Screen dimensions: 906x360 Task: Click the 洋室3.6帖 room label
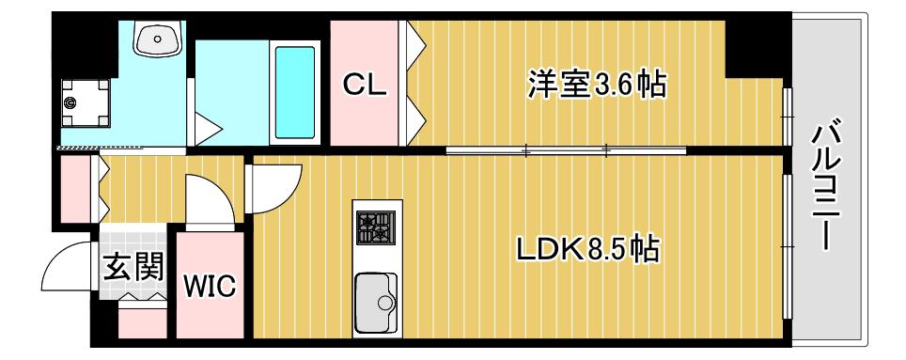coord(596,85)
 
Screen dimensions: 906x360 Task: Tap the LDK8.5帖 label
coord(587,250)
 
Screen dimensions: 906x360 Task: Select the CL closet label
coord(364,86)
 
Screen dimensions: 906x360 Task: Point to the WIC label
coord(210,286)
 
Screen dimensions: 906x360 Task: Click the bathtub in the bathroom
coord(295,92)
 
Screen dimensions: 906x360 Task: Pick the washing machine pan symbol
coord(86,102)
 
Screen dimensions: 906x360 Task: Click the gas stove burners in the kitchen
coord(376,227)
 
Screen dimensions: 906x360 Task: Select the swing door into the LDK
coord(273,189)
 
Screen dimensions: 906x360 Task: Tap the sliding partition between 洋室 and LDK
coord(566,150)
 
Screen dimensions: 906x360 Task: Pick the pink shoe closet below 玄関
coord(142,323)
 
